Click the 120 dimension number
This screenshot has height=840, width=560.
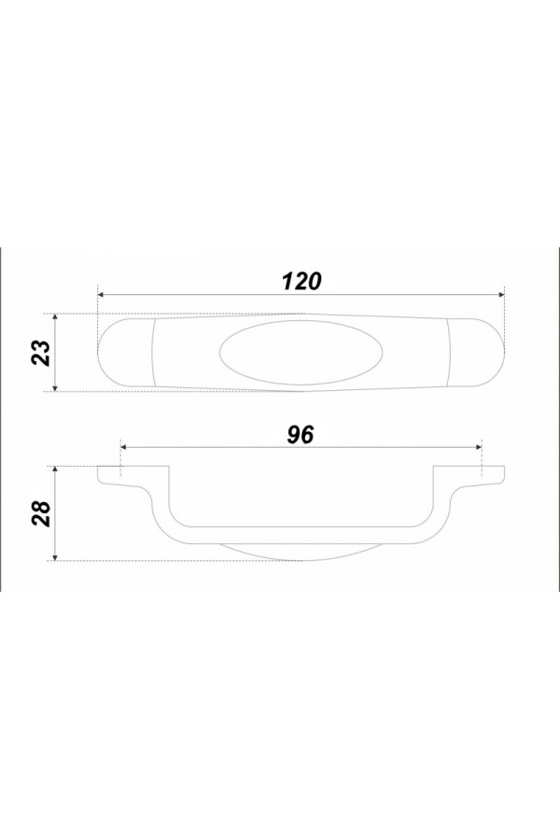point(301,281)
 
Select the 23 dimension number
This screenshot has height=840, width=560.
point(42,353)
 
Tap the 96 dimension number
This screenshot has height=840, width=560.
point(301,435)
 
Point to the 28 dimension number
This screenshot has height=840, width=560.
point(42,513)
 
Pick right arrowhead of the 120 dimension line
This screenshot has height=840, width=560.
point(501,295)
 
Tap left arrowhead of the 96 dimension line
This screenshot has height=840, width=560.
point(124,447)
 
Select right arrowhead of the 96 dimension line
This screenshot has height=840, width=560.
point(479,447)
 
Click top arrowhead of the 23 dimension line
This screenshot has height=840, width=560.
point(55,317)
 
